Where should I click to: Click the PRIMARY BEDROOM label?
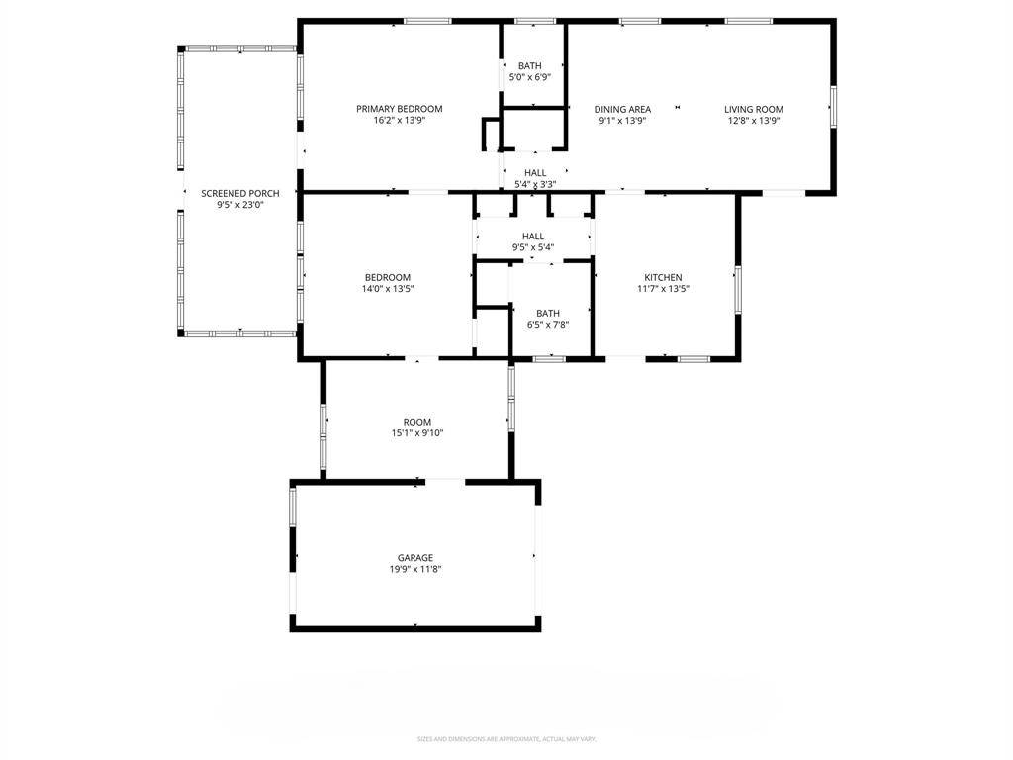400,109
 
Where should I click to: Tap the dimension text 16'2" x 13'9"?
400,121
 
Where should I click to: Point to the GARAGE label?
415,558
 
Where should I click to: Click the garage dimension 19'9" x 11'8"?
415,570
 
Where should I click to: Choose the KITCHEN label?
663,278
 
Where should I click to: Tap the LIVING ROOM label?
754,109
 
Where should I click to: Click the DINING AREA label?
622,109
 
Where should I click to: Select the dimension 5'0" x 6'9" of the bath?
530,77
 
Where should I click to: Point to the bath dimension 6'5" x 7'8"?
548,325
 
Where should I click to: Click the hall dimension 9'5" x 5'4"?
533,248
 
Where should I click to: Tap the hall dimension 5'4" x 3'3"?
535,184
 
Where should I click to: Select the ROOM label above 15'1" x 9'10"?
417,422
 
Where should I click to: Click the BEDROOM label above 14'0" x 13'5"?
388,278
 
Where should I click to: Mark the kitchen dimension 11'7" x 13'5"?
663,290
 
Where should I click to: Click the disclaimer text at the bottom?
506,739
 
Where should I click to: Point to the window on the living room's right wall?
833,107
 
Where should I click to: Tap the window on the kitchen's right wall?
736,289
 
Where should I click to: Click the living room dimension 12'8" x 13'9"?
754,121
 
